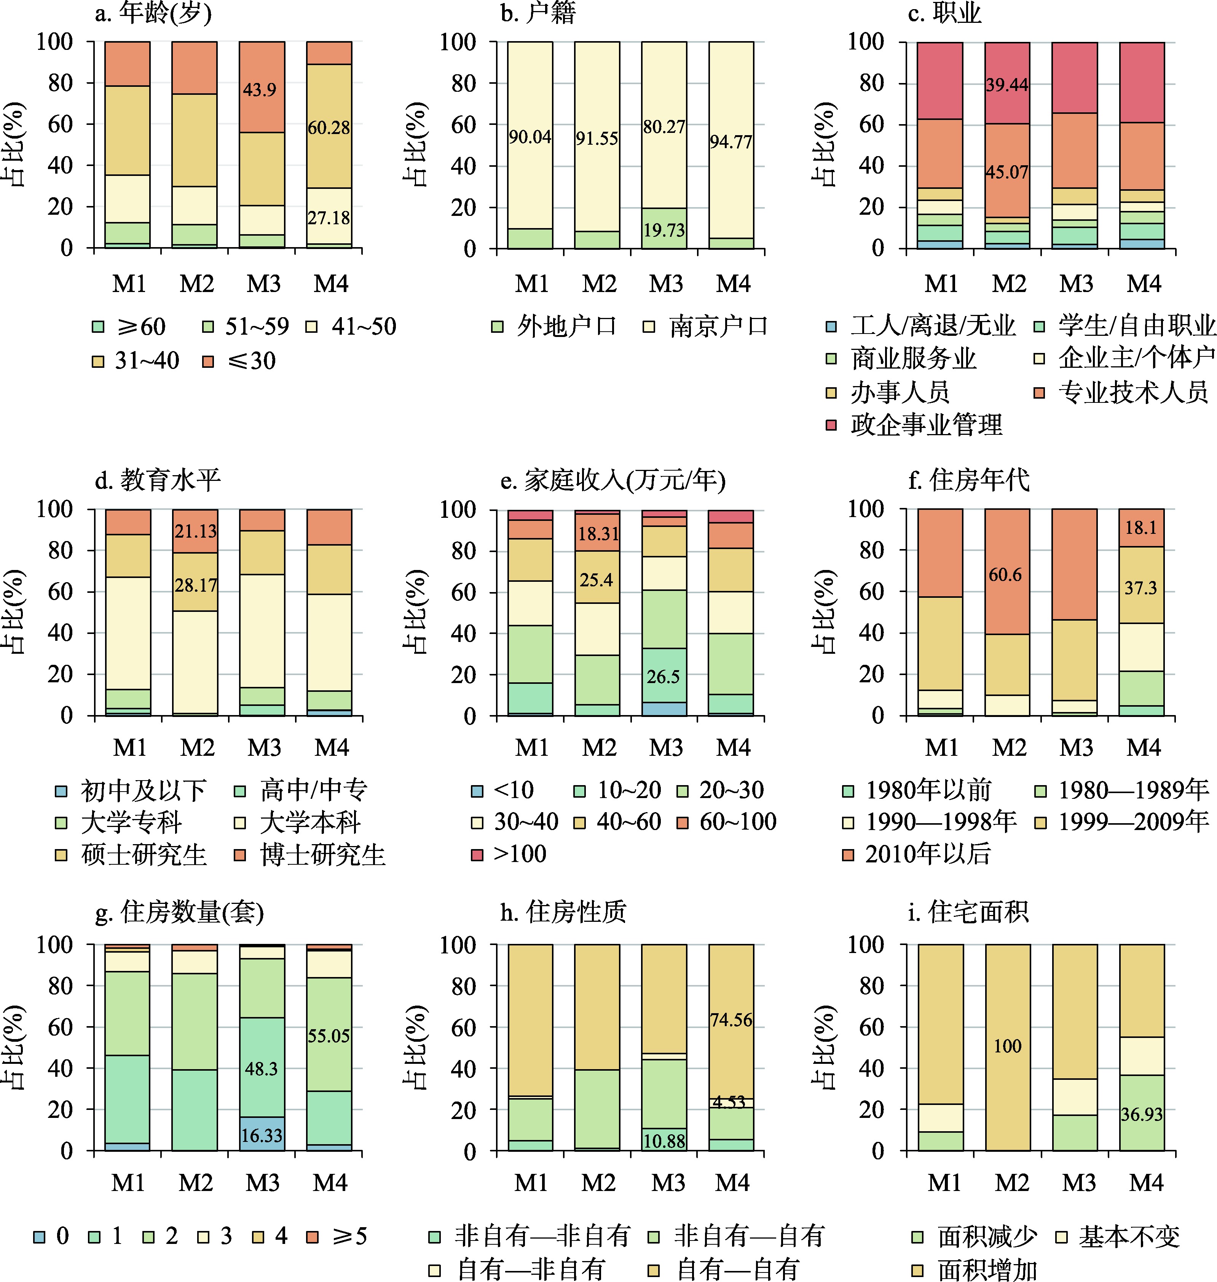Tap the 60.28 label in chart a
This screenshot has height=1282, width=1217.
(329, 128)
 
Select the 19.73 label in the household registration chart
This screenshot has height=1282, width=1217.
(664, 230)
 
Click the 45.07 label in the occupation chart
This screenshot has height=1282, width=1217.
(1007, 172)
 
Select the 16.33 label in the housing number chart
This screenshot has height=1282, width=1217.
(262, 1135)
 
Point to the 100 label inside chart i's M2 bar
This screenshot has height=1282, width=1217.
(1008, 1046)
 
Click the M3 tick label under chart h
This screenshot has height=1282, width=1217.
(668, 1183)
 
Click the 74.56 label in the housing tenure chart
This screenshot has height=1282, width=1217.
(731, 1020)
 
